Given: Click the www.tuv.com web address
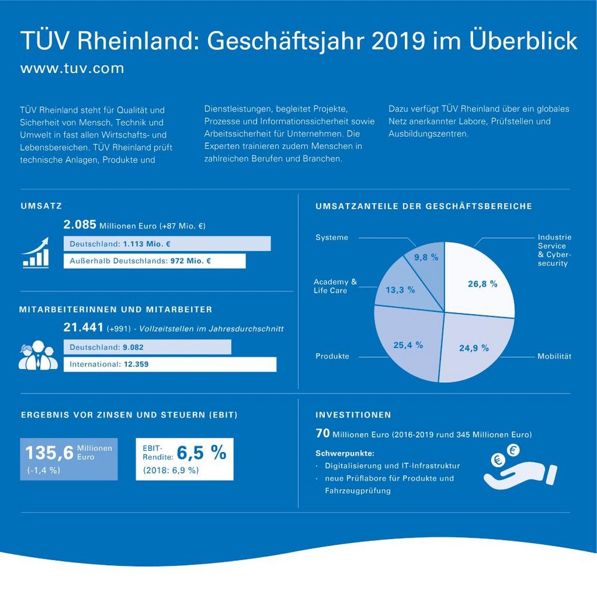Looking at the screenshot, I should point(72,68).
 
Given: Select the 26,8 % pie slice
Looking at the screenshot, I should point(482,281).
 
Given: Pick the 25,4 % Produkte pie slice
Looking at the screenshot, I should point(407,347).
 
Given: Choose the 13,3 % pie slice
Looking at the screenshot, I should point(401,289).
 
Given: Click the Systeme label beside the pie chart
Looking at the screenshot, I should point(331,237).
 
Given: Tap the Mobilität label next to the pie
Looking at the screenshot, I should point(554,356).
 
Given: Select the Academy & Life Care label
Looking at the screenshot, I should point(335,286).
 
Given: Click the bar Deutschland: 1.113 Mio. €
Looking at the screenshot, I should point(167,244).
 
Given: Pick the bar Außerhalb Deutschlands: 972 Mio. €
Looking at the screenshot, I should point(154,261).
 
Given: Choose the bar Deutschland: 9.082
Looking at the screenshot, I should point(147,347).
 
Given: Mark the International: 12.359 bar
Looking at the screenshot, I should point(170,364).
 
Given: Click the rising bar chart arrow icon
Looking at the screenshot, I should point(35,251).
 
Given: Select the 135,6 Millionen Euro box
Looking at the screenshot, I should point(69,458).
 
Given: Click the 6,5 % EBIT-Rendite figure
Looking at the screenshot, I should point(202,453).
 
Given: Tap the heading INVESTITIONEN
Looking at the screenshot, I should point(353,414).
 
